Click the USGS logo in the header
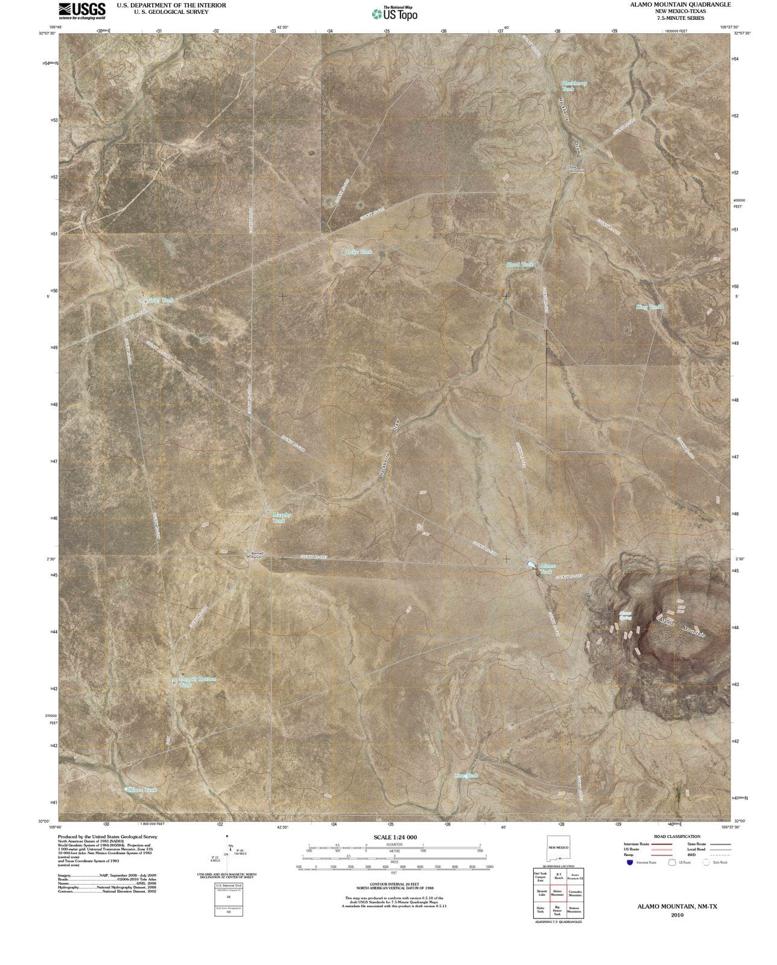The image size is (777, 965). coord(82,10)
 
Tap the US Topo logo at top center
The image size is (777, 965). coord(395,13)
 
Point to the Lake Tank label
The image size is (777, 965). coord(359,252)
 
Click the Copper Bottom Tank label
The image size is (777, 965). coord(197,682)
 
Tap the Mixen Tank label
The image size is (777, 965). coord(143,789)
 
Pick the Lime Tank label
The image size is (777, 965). coord(466,776)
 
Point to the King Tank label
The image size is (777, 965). coord(649,307)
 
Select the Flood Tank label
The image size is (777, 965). coord(520,264)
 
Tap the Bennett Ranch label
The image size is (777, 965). coord(258,555)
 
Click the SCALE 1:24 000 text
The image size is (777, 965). coord(395,837)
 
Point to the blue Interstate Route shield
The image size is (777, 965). coord(630,863)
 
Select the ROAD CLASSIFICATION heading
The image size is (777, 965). coord(677,837)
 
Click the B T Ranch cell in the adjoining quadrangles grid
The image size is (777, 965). coord(559,876)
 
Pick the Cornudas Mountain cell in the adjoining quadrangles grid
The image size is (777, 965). coord(574,893)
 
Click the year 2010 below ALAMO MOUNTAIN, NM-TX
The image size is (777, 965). coord(677,915)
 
